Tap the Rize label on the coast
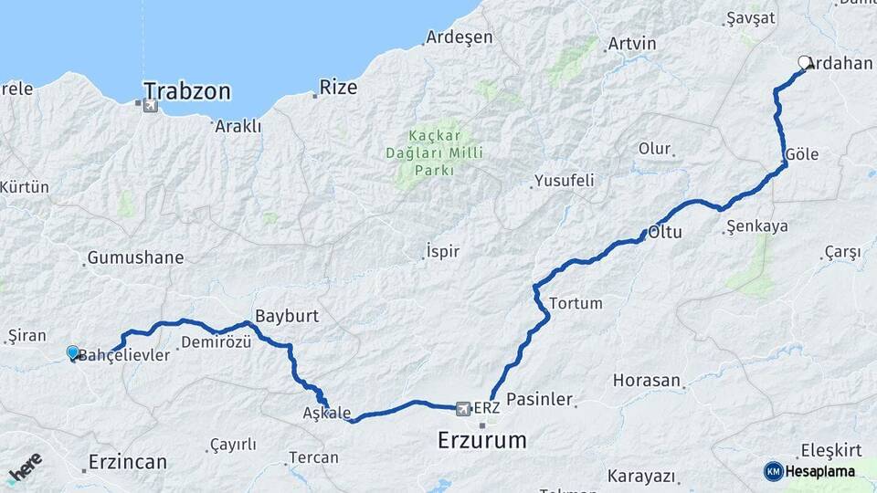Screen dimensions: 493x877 [x=337, y=89]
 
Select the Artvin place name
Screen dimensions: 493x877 [x=632, y=44]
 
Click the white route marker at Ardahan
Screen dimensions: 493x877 [x=805, y=63]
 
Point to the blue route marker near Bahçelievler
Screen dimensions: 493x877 [x=73, y=351]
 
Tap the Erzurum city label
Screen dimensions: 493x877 [x=481, y=440]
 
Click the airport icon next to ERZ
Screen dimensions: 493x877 [x=463, y=408]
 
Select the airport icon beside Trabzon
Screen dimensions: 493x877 [x=150, y=106]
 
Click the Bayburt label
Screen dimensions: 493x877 [x=287, y=316]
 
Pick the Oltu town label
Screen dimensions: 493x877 [x=665, y=232]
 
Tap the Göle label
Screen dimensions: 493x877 [x=801, y=155]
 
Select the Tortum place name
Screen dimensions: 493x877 [x=576, y=303]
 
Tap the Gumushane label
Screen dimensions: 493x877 [x=135, y=257]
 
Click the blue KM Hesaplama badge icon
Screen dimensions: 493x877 [x=773, y=471]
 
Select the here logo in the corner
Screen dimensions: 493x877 [x=25, y=468]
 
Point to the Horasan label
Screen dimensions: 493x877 [x=647, y=380]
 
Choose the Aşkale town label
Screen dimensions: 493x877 [x=326, y=413]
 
